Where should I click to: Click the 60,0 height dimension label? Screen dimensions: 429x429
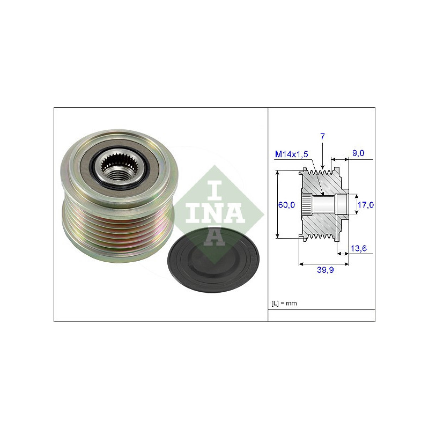(x=286, y=205)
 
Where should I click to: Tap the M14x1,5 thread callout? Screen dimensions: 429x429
(x=291, y=154)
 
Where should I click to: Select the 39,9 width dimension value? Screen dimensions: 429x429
(x=326, y=270)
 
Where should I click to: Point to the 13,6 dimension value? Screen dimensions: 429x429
(x=359, y=248)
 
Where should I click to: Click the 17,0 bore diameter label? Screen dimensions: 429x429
(x=366, y=205)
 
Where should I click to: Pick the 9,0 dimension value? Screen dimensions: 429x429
(x=358, y=153)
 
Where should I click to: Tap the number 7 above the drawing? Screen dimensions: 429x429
(x=323, y=136)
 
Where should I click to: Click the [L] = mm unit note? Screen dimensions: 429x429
(x=284, y=303)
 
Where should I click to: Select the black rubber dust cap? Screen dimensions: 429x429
(x=213, y=260)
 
